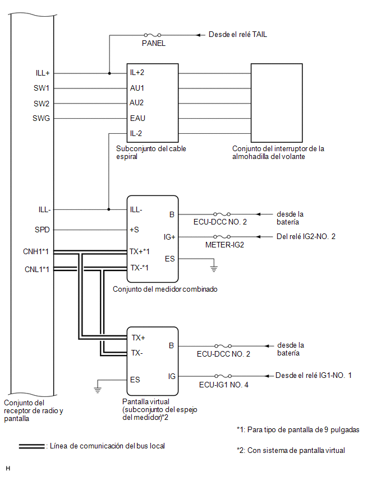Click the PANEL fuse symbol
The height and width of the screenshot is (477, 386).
pyautogui.click(x=153, y=35)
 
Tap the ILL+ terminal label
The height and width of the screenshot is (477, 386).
pyautogui.click(x=43, y=73)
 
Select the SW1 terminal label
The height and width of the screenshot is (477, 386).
pyautogui.click(x=41, y=88)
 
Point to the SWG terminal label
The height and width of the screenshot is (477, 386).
pyautogui.click(x=41, y=118)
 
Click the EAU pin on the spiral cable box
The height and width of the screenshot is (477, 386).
pyautogui.click(x=137, y=118)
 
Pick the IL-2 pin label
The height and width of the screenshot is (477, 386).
pyautogui.click(x=136, y=133)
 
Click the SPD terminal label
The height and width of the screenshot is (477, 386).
pyautogui.click(x=42, y=230)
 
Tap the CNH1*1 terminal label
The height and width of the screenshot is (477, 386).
pyautogui.click(x=36, y=251)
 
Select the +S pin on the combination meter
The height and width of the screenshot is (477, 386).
pyautogui.click(x=134, y=230)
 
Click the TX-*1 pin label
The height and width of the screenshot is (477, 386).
pyautogui.click(x=139, y=268)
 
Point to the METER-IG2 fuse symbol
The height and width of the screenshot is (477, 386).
pyautogui.click(x=222, y=237)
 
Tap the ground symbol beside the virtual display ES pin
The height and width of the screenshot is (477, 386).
pyautogui.click(x=98, y=390)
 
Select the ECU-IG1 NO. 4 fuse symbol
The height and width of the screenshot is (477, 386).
pyautogui.click(x=223, y=376)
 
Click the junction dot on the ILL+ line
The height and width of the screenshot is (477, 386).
pyautogui.click(x=109, y=73)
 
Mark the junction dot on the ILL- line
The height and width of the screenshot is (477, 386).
pyautogui.click(x=109, y=209)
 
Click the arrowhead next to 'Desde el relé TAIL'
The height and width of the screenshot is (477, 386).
pyautogui.click(x=198, y=35)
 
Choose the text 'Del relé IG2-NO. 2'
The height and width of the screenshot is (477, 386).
pyautogui.click(x=306, y=236)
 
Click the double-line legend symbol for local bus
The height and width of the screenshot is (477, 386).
pyautogui.click(x=32, y=446)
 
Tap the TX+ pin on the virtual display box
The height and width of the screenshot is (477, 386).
pyautogui.click(x=138, y=338)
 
